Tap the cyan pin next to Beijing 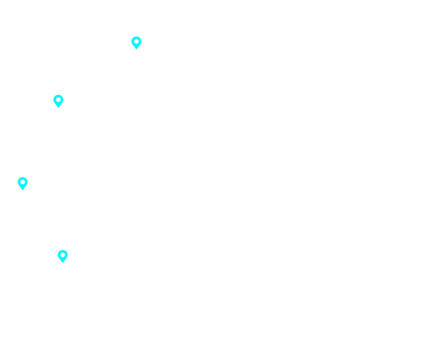136,43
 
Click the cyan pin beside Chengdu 58,101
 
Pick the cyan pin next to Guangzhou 23,183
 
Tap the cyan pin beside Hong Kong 63,257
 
